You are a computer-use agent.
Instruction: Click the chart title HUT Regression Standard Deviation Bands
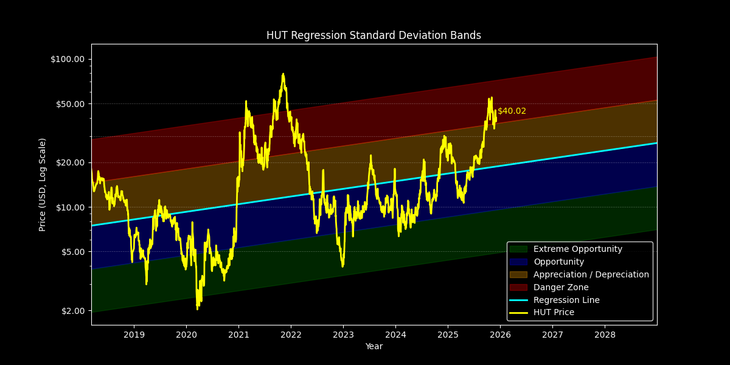374,35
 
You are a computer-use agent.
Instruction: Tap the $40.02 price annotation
512,111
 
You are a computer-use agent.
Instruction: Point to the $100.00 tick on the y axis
68,59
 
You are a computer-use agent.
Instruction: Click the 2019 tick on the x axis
134,335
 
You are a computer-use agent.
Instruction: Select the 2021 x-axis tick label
238,335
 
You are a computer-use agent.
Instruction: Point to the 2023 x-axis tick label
343,335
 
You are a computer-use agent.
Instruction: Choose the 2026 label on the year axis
500,335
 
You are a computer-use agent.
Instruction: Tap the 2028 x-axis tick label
605,335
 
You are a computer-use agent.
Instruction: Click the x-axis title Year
374,347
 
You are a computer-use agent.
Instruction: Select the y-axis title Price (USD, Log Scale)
43,184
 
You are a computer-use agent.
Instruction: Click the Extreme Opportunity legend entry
577,249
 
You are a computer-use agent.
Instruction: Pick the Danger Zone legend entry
560,288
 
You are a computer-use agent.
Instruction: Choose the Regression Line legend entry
566,301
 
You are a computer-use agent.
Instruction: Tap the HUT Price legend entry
553,313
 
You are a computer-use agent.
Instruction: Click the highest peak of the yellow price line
283,74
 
